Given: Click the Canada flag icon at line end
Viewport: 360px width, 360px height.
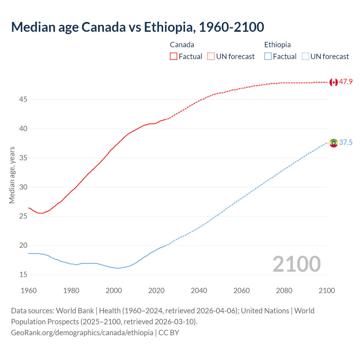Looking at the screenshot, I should (334, 82).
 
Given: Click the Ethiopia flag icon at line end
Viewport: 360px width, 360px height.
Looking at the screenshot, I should (334, 143).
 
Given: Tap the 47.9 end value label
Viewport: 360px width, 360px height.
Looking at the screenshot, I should (346, 82).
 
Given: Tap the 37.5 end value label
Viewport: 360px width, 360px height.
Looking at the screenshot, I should (346, 143).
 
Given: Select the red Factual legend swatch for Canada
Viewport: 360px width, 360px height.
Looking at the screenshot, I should (174, 57).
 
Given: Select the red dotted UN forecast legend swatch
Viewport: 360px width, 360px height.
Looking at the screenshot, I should (211, 57).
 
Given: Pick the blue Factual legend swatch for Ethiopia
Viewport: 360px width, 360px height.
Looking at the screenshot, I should (268, 57).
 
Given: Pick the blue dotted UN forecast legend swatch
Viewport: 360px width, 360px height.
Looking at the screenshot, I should (305, 57).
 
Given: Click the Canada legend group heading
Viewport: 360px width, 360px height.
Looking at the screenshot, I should (182, 45).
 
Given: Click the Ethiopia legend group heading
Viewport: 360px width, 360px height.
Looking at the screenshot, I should (277, 45).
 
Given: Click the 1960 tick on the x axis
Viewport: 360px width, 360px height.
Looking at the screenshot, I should (29, 291).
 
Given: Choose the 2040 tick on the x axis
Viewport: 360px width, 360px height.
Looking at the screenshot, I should (199, 291).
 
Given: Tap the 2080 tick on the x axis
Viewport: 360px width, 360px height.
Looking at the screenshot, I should (284, 291).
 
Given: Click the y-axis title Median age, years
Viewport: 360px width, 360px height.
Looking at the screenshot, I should (12, 175).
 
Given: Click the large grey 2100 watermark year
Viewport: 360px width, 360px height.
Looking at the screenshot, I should (296, 264).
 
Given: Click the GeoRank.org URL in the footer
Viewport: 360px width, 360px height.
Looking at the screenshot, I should (82, 333).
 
